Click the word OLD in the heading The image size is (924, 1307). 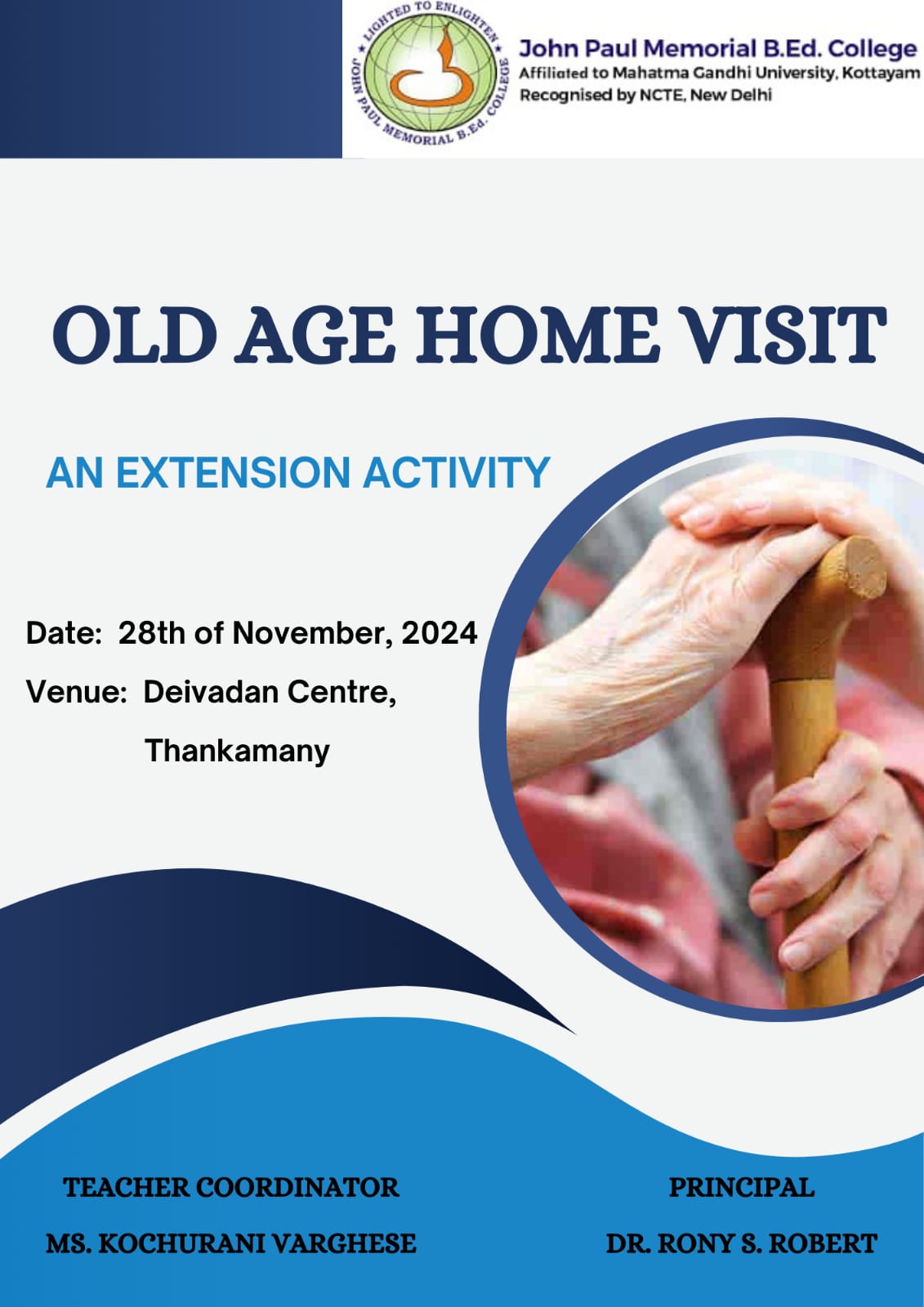click(x=135, y=335)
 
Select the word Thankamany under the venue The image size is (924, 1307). click(x=237, y=751)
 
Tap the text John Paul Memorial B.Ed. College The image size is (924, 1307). click(x=718, y=49)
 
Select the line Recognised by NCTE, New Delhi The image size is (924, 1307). click(x=645, y=95)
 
